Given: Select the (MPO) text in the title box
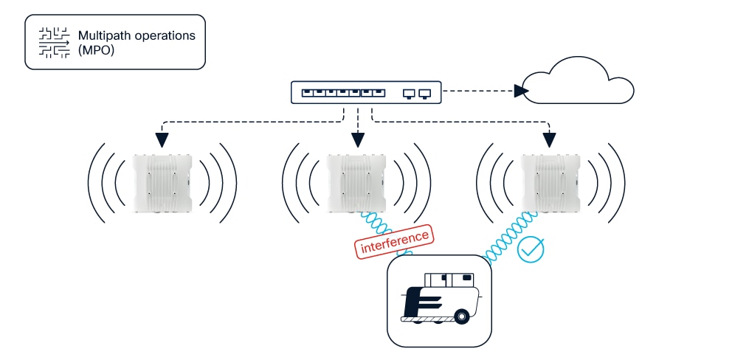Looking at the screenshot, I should [95, 50].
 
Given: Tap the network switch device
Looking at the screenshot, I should [366, 93].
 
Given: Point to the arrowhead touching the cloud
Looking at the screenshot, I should [522, 91].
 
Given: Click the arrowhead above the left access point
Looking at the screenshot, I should [162, 139].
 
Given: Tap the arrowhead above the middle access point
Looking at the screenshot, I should [358, 139].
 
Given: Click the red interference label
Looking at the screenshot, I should [395, 242].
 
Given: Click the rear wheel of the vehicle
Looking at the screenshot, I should [462, 317].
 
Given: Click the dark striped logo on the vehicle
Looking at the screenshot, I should [421, 301].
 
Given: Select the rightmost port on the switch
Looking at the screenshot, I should [424, 94].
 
